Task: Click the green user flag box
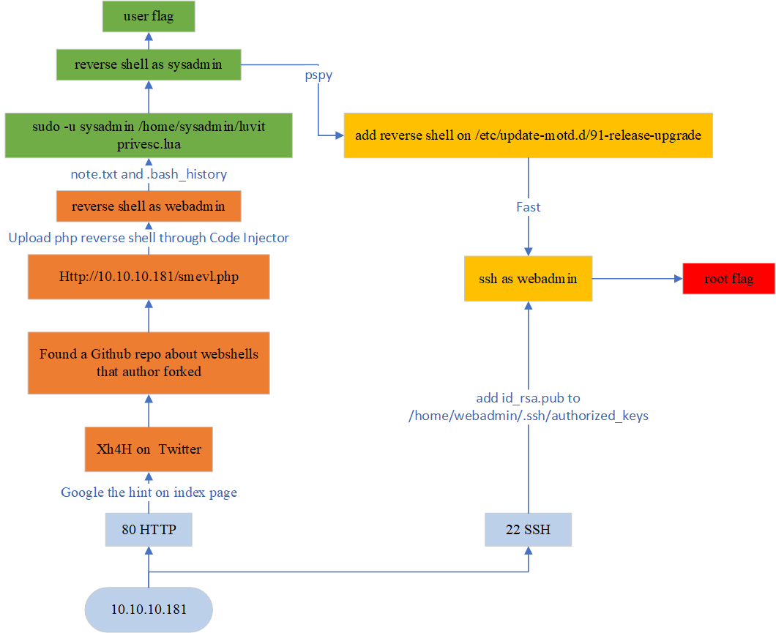click(149, 17)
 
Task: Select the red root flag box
click(728, 279)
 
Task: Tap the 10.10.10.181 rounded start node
click(149, 609)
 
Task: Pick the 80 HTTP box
click(149, 529)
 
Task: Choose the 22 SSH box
click(528, 529)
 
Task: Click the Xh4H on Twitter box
click(149, 449)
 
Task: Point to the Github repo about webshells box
click(149, 362)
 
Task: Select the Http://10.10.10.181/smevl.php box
click(149, 277)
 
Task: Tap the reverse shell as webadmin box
click(149, 206)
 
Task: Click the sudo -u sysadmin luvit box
click(149, 135)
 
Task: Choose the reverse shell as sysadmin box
click(149, 64)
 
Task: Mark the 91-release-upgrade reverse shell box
click(528, 135)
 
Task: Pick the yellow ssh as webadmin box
click(528, 279)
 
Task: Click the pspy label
click(318, 75)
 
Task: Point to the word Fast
click(528, 207)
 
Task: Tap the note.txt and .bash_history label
click(149, 174)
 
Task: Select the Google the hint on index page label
click(149, 492)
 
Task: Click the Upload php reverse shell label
click(149, 238)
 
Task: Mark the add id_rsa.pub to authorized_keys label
click(528, 407)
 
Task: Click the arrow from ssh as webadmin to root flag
click(637, 279)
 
